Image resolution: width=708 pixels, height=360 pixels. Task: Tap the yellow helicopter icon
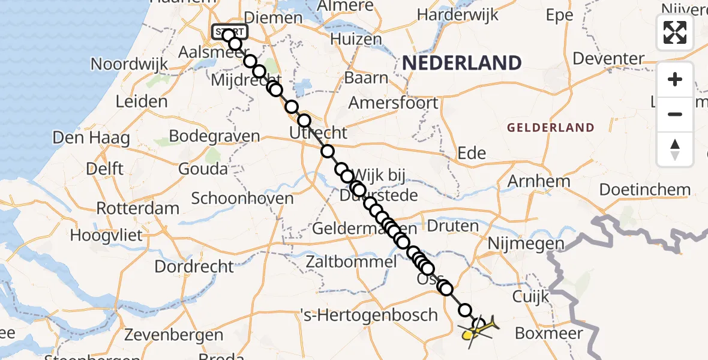click(479, 331)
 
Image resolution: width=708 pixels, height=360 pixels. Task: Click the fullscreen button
click(675, 32)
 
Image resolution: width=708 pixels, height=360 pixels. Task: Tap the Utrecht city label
click(318, 133)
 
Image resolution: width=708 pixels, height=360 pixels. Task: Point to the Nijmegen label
click(526, 244)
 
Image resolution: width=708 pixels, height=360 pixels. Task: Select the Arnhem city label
click(539, 181)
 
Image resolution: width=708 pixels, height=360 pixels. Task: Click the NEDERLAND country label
click(461, 63)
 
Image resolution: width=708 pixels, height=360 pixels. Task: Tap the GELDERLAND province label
click(550, 128)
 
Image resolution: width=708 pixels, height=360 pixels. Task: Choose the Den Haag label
click(91, 138)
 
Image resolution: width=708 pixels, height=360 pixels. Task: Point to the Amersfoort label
click(394, 103)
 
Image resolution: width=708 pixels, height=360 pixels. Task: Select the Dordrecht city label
click(194, 266)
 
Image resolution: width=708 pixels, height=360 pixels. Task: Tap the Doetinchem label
click(645, 190)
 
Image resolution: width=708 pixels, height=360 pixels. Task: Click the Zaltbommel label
click(351, 262)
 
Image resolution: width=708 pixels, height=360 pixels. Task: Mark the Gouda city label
click(203, 169)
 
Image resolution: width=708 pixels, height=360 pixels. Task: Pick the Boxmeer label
click(549, 333)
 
